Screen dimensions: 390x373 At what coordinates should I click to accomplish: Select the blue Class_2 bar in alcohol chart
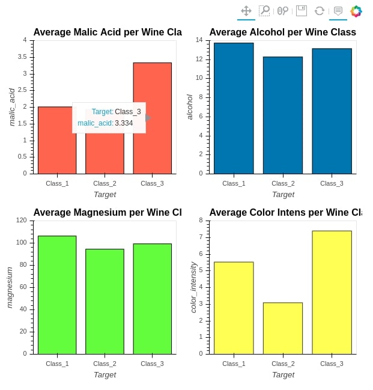point(283,115)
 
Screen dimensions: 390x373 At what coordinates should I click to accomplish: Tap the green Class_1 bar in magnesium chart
point(57,294)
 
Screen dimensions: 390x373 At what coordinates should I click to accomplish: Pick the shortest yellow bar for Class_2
point(283,328)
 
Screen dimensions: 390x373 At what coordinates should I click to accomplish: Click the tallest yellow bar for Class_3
point(332,292)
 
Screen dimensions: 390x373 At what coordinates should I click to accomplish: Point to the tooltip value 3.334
point(124,123)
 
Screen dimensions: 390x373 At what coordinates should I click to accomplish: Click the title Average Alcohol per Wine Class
point(282,32)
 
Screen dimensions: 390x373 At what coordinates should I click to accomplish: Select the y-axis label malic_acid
point(11,107)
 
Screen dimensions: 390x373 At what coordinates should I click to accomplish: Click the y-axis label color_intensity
point(193,287)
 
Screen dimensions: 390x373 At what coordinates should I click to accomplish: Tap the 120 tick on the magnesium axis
point(22,221)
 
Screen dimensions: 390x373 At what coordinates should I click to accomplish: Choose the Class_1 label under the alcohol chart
point(234,183)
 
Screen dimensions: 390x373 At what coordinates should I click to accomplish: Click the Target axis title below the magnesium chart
point(105,374)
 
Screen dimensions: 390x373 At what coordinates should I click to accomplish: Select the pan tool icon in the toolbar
point(246,11)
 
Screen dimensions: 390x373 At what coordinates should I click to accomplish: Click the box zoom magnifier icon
point(264,11)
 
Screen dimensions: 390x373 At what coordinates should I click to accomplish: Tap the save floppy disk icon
point(302,11)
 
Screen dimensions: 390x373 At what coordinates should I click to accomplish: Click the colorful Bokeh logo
point(356,11)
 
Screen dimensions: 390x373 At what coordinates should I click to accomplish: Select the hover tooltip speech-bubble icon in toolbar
point(338,11)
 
